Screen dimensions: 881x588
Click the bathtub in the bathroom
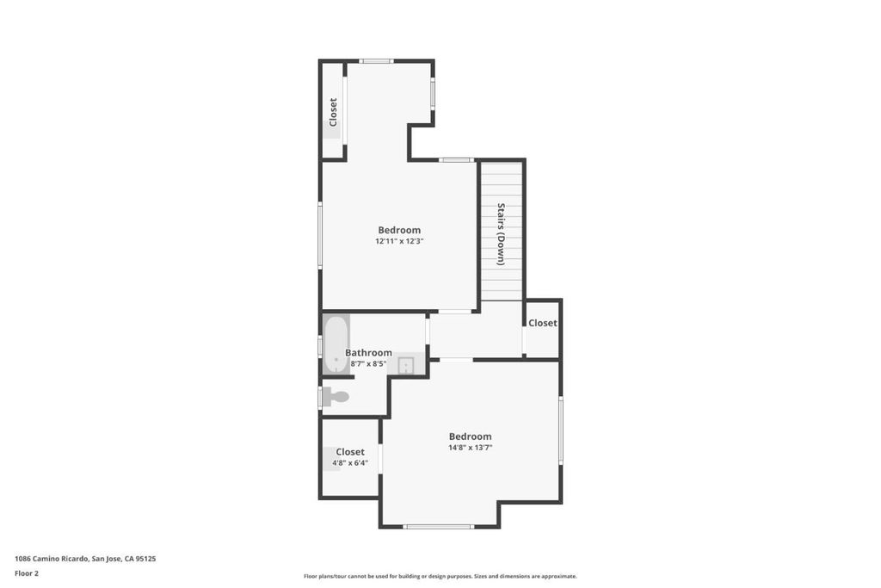(x=336, y=344)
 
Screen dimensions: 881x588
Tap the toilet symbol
(x=336, y=397)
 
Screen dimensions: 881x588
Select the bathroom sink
(x=406, y=365)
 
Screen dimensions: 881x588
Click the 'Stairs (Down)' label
(x=501, y=234)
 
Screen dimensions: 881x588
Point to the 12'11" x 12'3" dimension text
(x=399, y=241)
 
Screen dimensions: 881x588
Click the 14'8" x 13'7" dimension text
(x=471, y=448)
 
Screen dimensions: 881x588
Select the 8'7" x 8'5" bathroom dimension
(x=368, y=363)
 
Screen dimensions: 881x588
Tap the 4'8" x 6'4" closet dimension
(x=350, y=463)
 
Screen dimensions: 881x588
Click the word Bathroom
(x=368, y=352)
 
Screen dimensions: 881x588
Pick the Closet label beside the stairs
(x=543, y=323)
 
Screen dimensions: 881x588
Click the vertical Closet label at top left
(x=333, y=113)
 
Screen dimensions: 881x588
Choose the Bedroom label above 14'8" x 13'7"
(x=471, y=436)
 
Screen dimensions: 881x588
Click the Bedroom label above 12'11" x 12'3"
(x=399, y=230)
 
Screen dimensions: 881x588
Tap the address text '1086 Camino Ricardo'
(x=51, y=559)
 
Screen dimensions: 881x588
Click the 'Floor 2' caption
(x=27, y=573)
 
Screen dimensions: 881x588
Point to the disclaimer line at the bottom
(x=440, y=576)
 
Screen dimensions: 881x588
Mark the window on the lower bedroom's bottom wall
(x=439, y=527)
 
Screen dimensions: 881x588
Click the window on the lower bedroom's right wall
(x=560, y=430)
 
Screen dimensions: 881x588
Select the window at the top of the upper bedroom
(x=377, y=61)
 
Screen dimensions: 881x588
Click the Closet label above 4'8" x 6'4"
(x=350, y=452)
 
